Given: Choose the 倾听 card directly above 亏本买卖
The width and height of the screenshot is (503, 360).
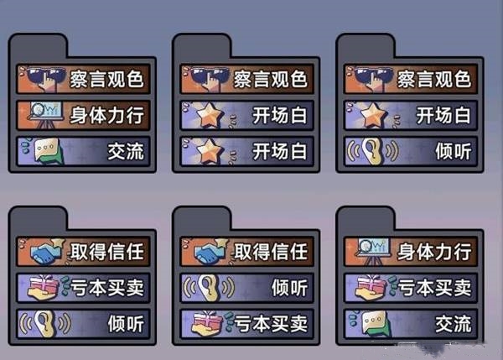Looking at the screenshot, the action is [x=247, y=287].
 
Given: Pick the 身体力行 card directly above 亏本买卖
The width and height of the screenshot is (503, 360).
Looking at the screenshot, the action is [x=411, y=250].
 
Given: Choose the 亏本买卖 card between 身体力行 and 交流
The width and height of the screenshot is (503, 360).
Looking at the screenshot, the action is [x=411, y=287].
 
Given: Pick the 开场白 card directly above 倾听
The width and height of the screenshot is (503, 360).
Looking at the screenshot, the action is [x=411, y=115].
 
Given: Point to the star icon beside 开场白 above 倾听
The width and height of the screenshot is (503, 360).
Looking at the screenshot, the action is [x=366, y=115].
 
